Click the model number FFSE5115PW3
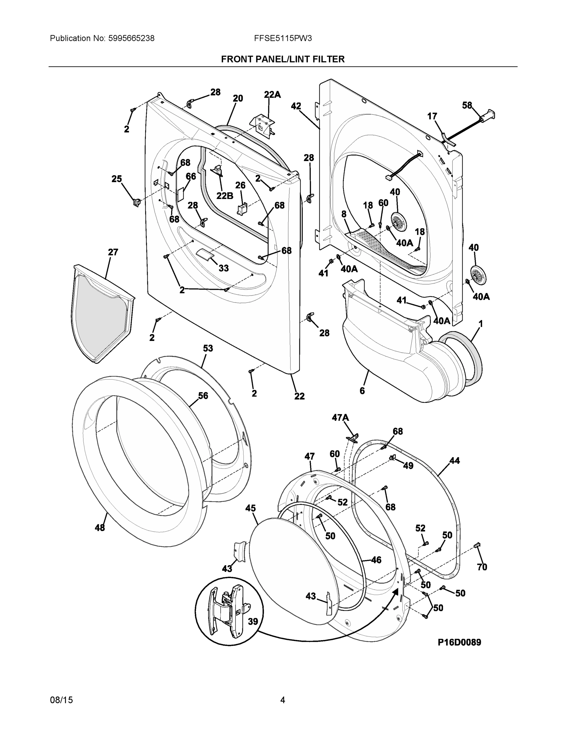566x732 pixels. coord(283,38)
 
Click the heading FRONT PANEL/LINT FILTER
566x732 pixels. coord(283,59)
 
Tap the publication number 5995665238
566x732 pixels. coord(132,38)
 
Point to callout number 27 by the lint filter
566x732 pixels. coord(113,252)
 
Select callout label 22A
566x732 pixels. coord(272,95)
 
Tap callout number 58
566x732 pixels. coord(467,105)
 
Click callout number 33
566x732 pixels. coord(224,268)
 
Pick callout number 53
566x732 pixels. coord(208,348)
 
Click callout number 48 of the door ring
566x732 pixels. coord(100,528)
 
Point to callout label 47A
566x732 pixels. coord(340,418)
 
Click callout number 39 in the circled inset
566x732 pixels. coord(253,622)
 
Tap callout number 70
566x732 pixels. coord(482,567)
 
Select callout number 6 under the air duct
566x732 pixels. coord(362,391)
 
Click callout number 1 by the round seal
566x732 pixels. coord(481,324)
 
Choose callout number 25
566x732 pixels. coord(117,179)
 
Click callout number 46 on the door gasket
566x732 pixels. coord(376,560)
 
